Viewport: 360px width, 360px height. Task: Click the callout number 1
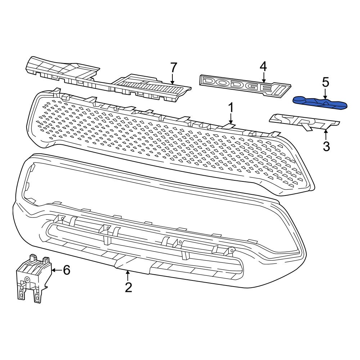click(x=231, y=108)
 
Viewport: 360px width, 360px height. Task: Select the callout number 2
click(x=128, y=287)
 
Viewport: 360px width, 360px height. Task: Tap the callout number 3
click(x=326, y=147)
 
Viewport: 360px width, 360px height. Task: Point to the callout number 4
click(x=264, y=66)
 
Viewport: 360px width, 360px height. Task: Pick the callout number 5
click(x=325, y=82)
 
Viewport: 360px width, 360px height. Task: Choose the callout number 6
click(x=67, y=270)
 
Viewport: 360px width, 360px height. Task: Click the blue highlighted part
click(x=320, y=103)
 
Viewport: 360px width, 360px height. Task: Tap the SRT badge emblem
click(x=304, y=122)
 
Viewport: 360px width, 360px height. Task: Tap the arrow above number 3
click(x=326, y=136)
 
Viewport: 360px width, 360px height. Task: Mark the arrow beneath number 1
click(x=231, y=119)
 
